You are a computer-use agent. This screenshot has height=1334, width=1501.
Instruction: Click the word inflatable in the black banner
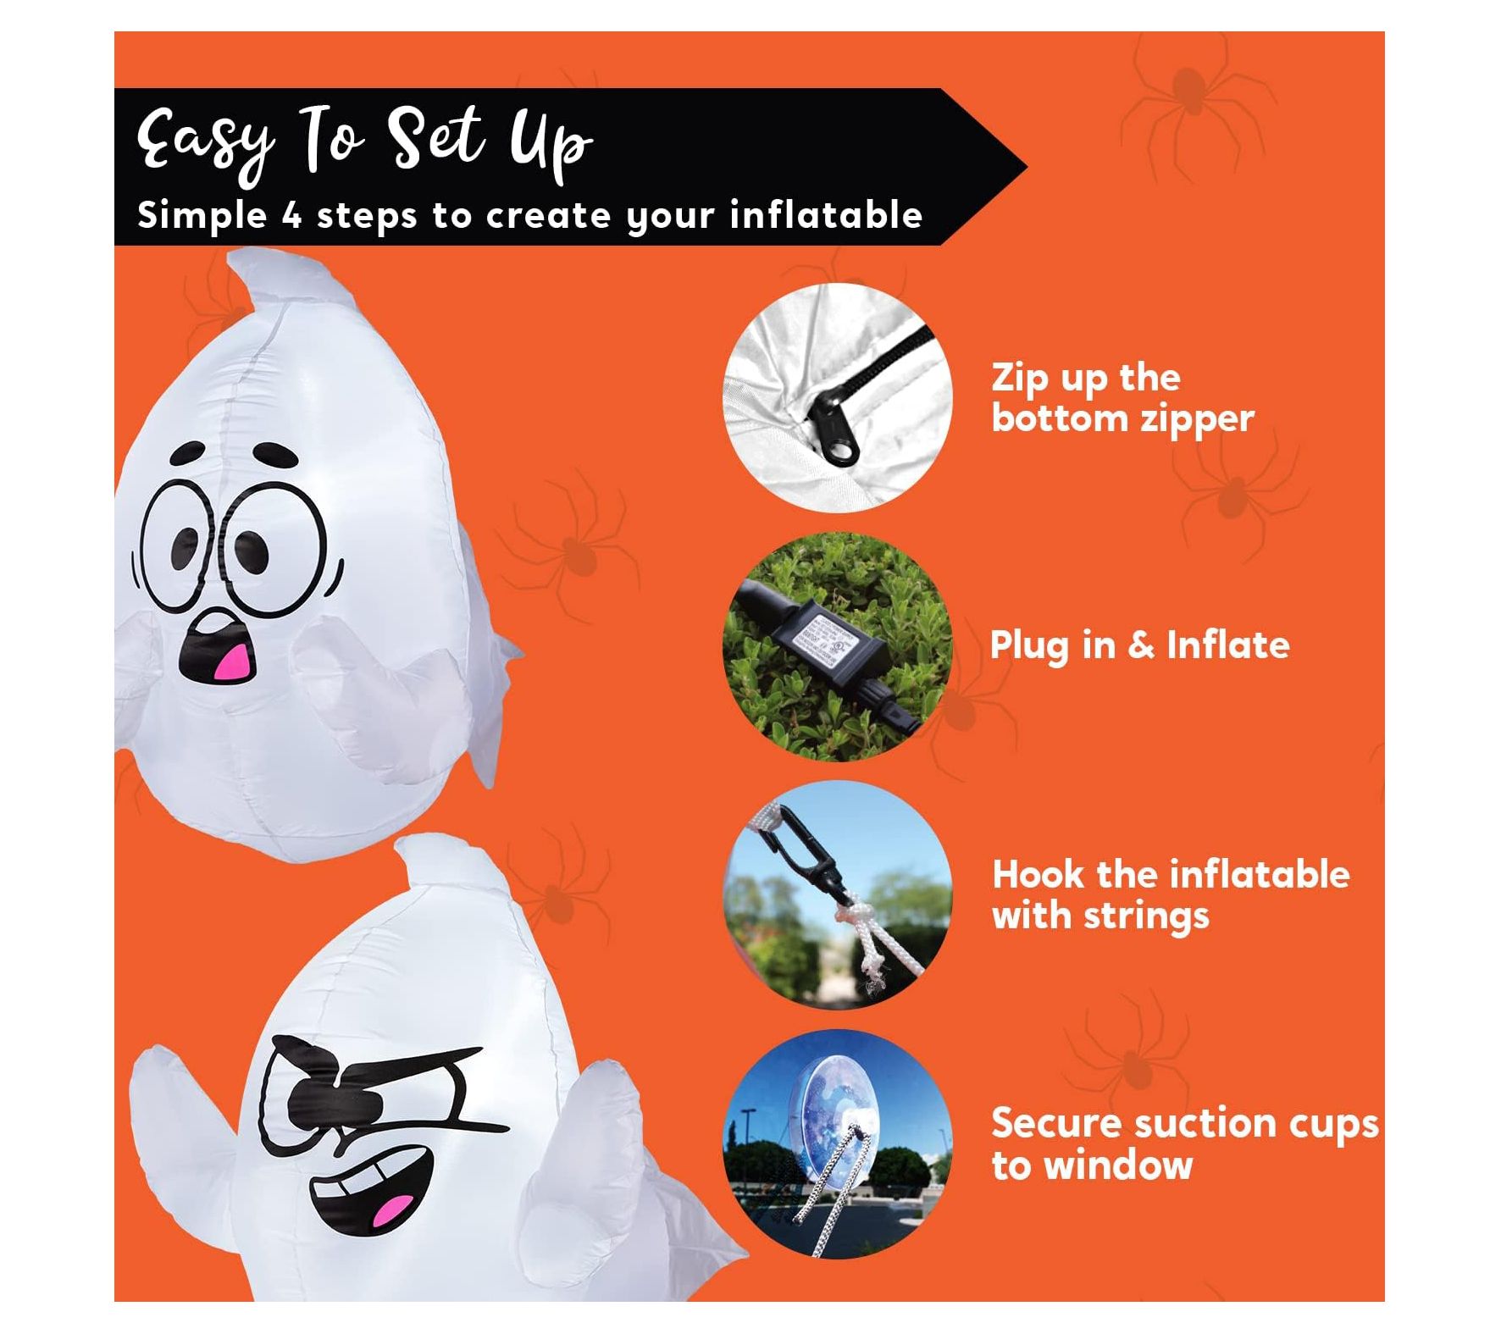click(826, 214)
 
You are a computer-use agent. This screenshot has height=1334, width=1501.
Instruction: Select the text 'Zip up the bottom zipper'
click(1122, 398)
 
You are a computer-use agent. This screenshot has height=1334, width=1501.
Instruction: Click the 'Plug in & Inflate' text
click(1139, 645)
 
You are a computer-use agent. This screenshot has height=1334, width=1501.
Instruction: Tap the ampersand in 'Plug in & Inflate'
click(1141, 645)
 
